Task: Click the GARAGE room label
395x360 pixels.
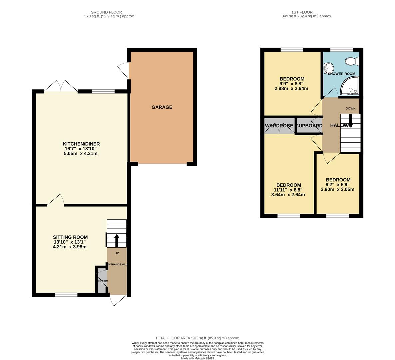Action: tap(162, 107)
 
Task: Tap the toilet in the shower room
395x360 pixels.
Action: tap(352, 61)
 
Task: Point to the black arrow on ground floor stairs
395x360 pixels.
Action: tap(117, 240)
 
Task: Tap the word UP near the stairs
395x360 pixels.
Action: tap(117, 253)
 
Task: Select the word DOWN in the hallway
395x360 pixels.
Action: tap(350, 108)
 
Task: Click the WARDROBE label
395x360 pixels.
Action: tap(279, 126)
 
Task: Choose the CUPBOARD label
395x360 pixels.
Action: tap(309, 126)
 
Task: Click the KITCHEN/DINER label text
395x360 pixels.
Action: tap(82, 144)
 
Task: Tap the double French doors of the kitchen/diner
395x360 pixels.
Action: tap(61, 86)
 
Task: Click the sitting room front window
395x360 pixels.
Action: tap(66, 294)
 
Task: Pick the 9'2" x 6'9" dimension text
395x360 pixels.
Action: tap(338, 185)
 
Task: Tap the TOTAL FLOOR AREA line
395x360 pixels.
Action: tap(197, 338)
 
